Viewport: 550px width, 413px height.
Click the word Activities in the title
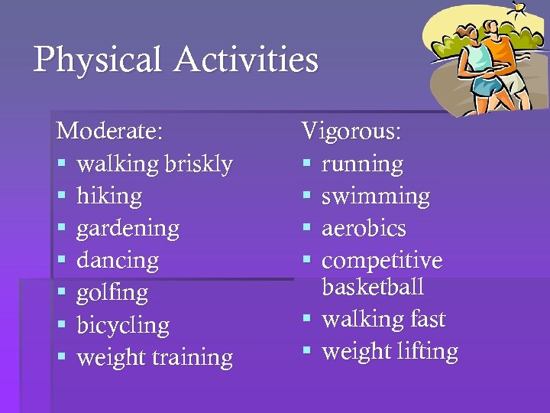pos(246,60)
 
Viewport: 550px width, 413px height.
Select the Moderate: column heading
pos(109,131)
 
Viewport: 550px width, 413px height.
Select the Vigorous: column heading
pos(351,131)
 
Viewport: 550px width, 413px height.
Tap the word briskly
pos(197,164)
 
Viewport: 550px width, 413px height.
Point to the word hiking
pos(109,197)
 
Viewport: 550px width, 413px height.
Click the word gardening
pos(128,229)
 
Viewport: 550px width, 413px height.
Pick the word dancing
pos(118,261)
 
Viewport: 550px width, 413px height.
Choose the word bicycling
pos(123,325)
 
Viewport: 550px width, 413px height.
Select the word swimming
pos(375,197)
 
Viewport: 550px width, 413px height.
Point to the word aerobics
pos(364,229)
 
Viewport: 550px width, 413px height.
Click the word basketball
pos(373,288)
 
